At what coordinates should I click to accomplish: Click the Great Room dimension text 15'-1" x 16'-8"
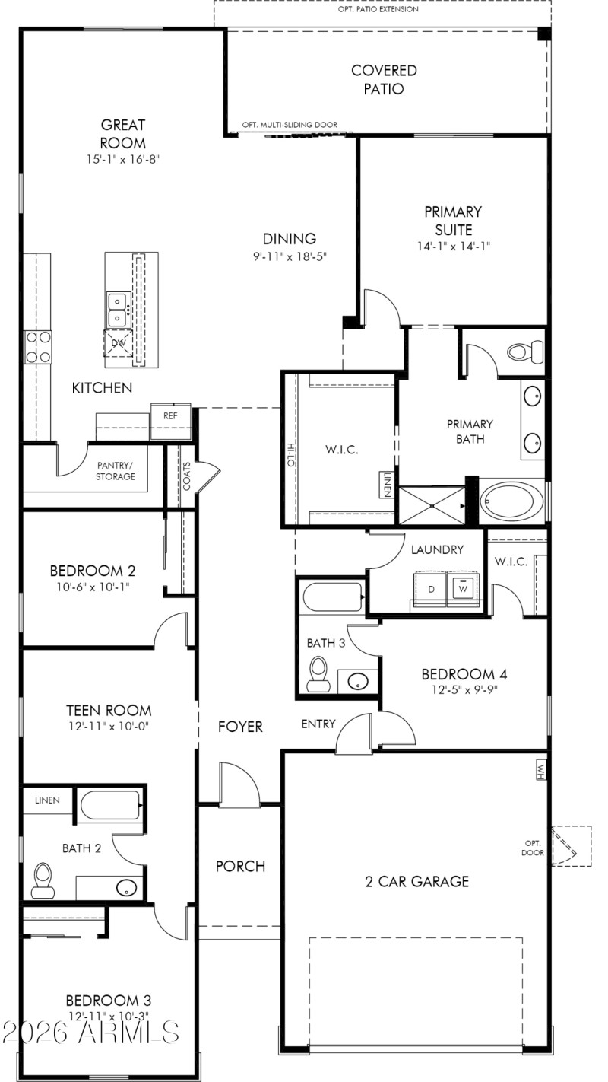coord(122,159)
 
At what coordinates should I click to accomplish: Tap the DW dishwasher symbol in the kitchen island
coord(118,343)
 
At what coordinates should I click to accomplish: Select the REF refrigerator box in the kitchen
coord(169,415)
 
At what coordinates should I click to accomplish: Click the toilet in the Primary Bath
coord(525,352)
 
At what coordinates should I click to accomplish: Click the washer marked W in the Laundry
coord(462,588)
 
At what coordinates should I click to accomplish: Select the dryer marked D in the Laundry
coord(431,589)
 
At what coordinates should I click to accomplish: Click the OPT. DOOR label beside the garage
coord(531,847)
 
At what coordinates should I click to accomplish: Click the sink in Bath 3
coord(355,680)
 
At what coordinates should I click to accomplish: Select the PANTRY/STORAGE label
coord(116,470)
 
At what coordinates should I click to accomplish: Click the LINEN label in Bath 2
coord(47,800)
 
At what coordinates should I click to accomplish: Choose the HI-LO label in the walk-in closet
coord(290,455)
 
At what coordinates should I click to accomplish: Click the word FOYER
coord(241,727)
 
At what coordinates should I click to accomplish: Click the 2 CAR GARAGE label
coord(417,882)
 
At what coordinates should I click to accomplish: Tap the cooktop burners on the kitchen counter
coord(37,345)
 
